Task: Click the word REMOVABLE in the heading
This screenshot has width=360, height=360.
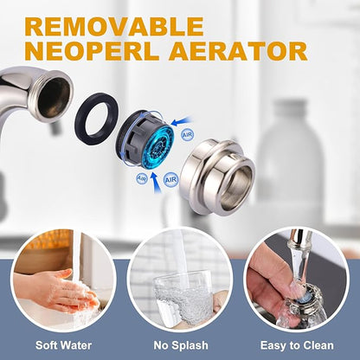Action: [x=114, y=27]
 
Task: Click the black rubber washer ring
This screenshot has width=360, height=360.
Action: [x=96, y=119]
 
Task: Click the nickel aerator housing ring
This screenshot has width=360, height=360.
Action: [x=217, y=176]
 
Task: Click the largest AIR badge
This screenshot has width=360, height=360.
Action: [x=170, y=180]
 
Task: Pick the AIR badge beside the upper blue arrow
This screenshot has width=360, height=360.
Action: [x=188, y=135]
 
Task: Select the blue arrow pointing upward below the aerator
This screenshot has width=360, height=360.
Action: [x=156, y=183]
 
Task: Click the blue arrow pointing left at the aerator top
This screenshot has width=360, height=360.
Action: [x=181, y=121]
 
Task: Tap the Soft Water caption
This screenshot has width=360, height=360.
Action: [x=63, y=345]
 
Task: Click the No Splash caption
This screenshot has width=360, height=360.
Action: [x=181, y=345]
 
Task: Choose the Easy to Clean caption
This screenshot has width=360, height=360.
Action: [x=297, y=345]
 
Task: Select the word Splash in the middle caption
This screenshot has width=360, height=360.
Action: [x=190, y=345]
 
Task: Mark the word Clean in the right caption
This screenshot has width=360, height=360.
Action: [x=318, y=345]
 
